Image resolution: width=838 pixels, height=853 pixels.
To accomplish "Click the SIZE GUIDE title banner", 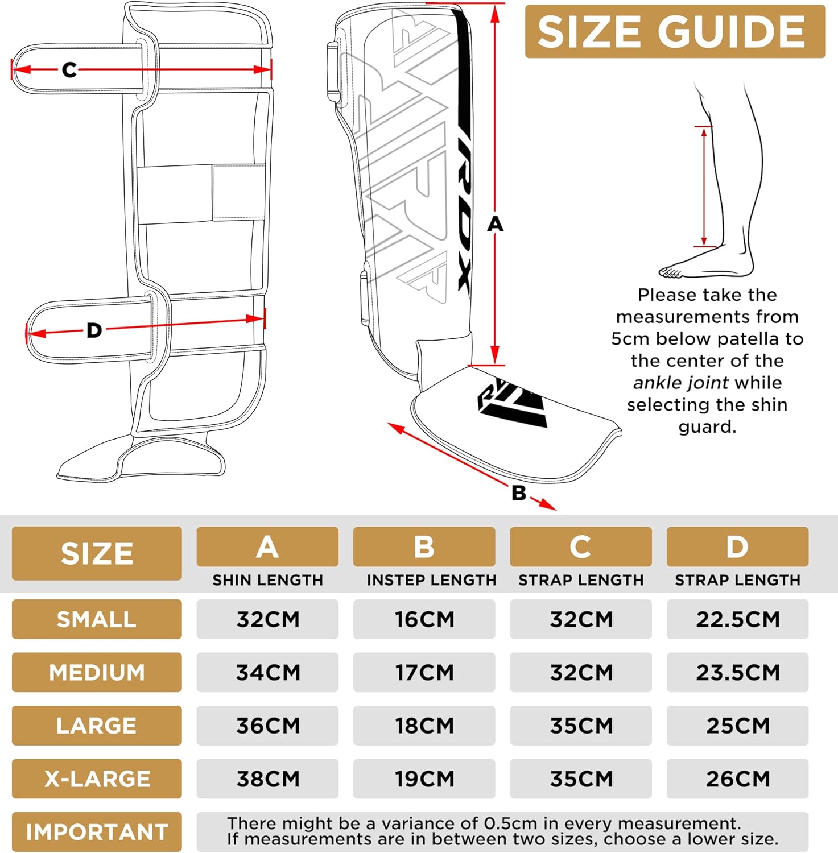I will (674, 31).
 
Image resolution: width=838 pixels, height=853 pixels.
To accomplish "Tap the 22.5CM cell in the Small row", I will (737, 619).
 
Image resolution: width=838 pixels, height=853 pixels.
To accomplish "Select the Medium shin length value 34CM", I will (267, 672).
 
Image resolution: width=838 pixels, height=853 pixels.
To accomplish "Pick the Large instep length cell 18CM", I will (424, 726).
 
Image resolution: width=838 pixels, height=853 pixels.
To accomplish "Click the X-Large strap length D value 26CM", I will (737, 779).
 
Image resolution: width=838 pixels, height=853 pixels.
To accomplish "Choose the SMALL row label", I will (97, 619).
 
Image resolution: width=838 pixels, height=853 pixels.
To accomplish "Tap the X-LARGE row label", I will (97, 779).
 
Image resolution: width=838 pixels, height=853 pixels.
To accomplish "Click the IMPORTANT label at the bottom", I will (97, 832).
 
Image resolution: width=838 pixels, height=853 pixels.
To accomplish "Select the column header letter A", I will (267, 547).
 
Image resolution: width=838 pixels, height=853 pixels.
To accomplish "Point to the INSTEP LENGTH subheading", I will (431, 580).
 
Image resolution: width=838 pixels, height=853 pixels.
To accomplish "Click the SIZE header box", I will (97, 553).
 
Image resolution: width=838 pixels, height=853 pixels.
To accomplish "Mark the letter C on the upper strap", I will (69, 70).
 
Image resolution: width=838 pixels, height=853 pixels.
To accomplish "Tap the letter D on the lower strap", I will (94, 330).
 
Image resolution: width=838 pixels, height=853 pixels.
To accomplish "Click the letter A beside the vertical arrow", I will (496, 224).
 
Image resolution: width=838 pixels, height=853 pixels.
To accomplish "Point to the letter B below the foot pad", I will (519, 493).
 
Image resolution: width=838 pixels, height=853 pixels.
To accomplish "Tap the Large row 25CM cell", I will (737, 726).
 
